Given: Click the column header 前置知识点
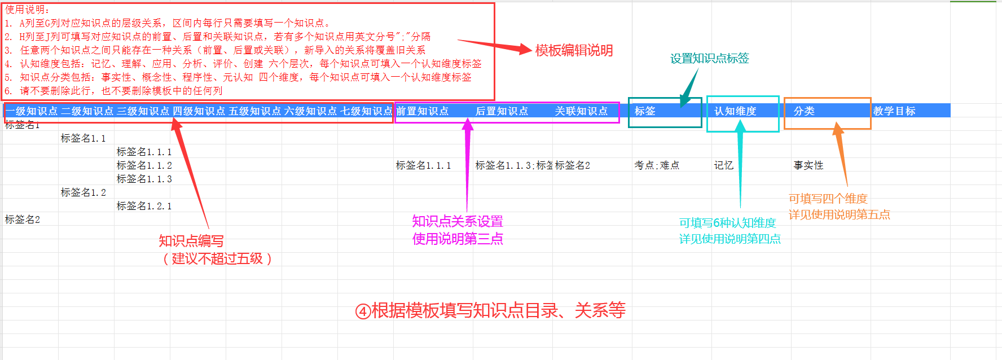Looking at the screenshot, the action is (422, 111).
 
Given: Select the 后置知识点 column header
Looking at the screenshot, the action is (502, 111).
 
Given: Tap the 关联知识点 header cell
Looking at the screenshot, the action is (581, 111).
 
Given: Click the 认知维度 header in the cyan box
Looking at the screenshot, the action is (735, 111).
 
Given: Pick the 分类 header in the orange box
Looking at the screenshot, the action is (804, 111).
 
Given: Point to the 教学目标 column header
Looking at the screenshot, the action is (894, 111).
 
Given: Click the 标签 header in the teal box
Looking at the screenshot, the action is (645, 111).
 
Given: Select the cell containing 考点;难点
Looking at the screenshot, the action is (657, 165).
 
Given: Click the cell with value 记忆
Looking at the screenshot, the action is (724, 165).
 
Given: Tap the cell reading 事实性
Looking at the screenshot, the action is (808, 165).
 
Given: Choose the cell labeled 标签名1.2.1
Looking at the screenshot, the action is (144, 206).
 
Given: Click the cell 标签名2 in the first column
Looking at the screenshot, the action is (23, 219).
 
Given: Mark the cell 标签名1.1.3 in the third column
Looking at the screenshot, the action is (144, 179).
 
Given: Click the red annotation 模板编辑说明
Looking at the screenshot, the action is (574, 50).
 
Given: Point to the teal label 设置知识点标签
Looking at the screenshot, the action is (709, 58).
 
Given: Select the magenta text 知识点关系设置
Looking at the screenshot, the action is (457, 221).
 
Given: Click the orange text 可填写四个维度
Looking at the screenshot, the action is (828, 199).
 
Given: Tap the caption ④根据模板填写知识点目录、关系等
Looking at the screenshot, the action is (490, 310).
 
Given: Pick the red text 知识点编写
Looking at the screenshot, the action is (191, 241).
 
